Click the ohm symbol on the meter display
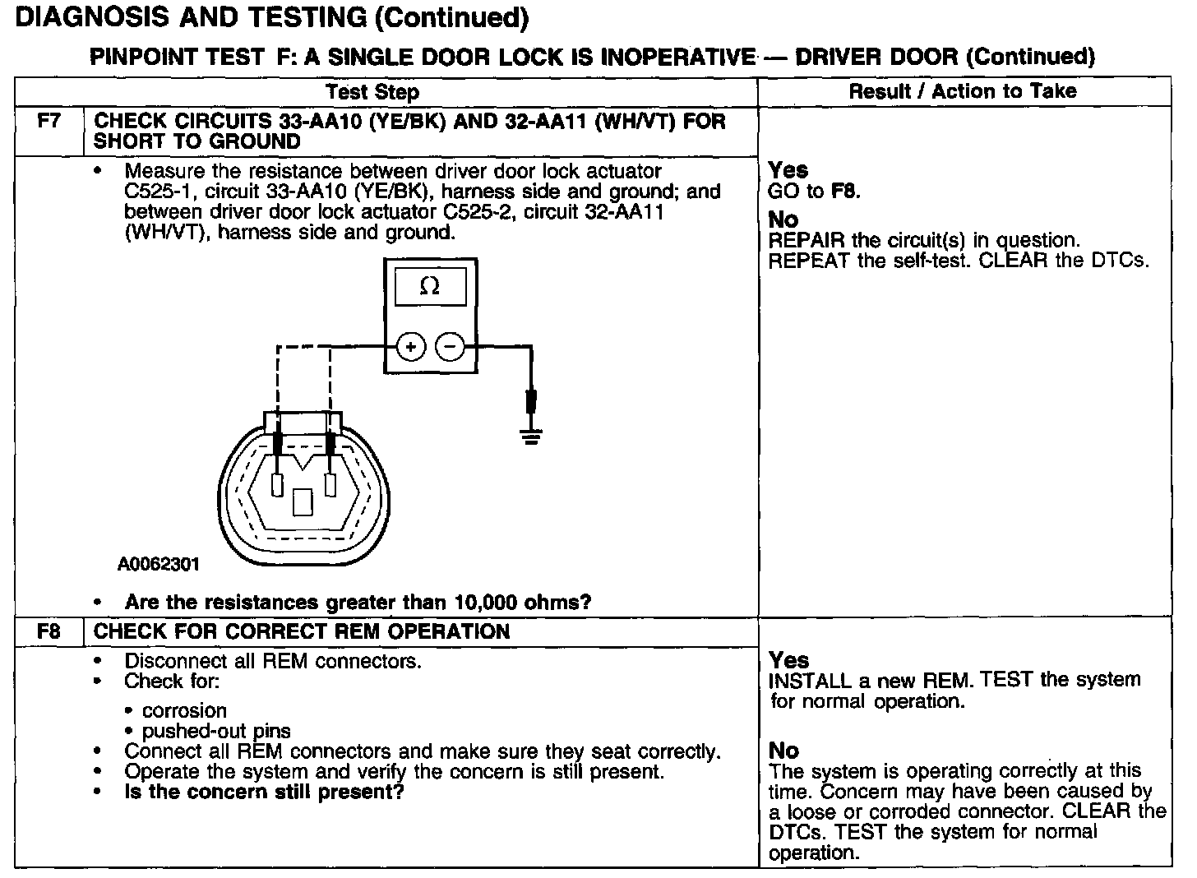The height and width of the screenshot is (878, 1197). [x=429, y=286]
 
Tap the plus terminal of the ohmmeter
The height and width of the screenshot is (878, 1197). [x=411, y=347]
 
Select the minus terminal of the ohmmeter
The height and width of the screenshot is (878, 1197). [x=450, y=347]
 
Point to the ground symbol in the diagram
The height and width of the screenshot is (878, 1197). [x=532, y=436]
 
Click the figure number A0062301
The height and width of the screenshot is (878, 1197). [x=158, y=565]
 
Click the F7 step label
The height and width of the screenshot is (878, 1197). [x=49, y=121]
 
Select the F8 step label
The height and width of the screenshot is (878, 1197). [x=49, y=631]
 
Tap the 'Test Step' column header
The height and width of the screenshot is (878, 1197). [x=372, y=92]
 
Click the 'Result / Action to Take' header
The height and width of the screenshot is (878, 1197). [x=962, y=91]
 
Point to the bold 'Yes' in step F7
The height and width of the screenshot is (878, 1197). [x=788, y=170]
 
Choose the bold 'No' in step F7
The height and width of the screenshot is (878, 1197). [x=783, y=219]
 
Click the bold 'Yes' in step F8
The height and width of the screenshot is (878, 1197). [x=788, y=660]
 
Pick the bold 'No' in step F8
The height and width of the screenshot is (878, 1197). [x=783, y=751]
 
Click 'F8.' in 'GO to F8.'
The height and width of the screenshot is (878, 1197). [x=845, y=192]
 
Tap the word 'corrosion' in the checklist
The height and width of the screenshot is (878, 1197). [x=184, y=710]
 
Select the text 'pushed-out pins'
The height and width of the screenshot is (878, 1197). [x=216, y=731]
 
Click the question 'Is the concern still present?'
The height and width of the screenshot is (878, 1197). [x=264, y=792]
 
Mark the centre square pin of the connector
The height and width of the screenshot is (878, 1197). [x=303, y=501]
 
